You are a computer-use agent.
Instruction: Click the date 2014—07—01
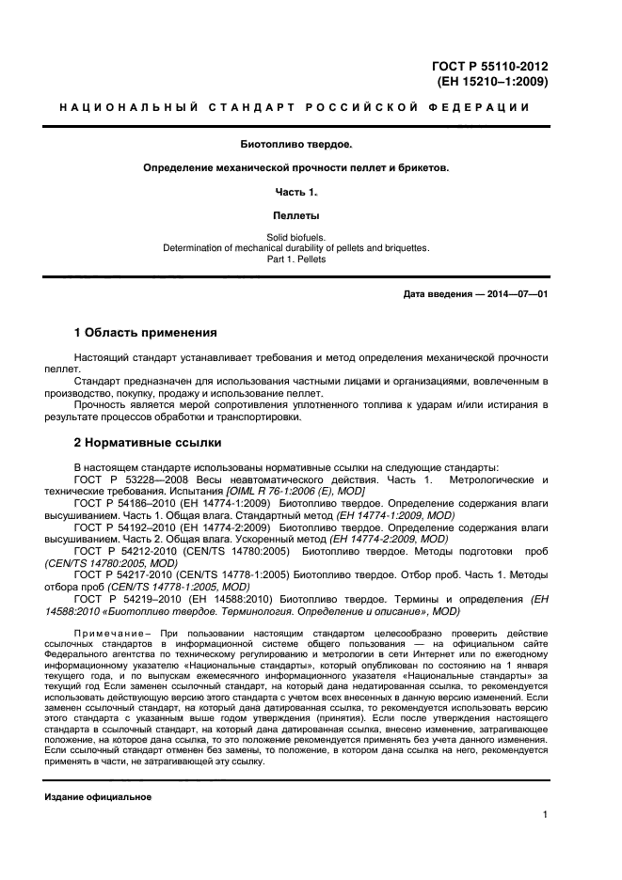[516, 294]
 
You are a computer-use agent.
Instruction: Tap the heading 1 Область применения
[145, 332]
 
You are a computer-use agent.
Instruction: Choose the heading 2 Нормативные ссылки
[148, 442]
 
